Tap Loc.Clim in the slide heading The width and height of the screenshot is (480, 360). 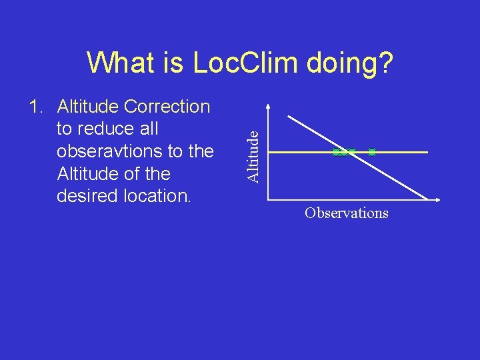(251, 64)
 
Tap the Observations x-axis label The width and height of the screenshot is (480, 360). (346, 213)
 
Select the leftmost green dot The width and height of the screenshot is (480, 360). (336, 153)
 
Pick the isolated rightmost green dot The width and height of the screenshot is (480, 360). (372, 153)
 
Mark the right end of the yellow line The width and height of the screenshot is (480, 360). (427, 153)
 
